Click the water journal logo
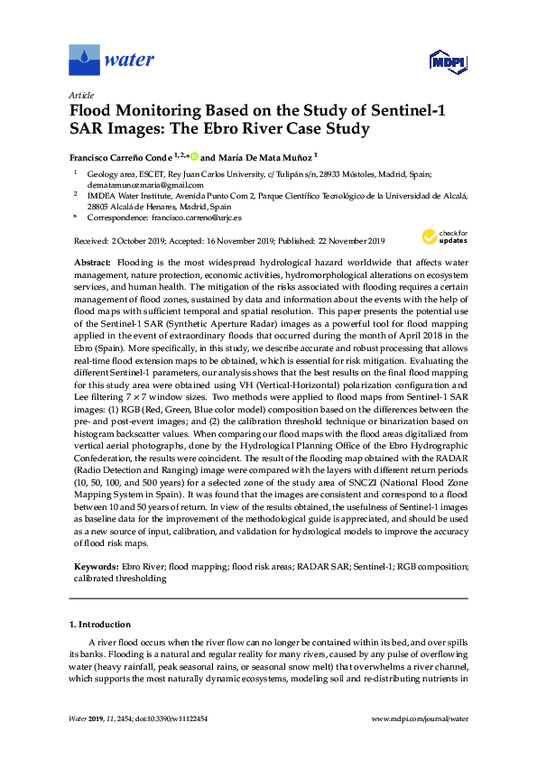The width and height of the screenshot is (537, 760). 112,60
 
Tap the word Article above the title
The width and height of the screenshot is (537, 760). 80,95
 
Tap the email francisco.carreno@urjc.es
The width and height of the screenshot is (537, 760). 196,218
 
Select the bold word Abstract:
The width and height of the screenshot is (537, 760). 92,260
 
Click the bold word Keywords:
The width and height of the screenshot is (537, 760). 94,566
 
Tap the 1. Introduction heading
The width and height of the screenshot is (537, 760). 100,624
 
